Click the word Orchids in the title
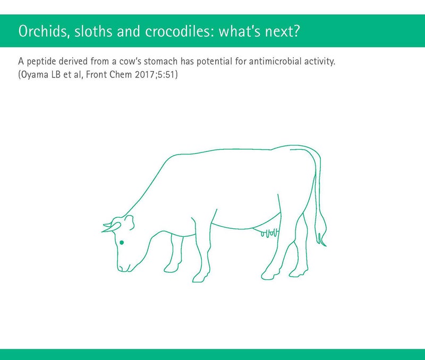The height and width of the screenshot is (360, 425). pos(42,31)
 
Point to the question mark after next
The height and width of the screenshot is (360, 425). pos(296,31)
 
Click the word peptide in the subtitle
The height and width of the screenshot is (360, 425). pos(41,62)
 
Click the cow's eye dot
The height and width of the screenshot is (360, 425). pos(122,242)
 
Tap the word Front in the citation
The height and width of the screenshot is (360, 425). pos(96,74)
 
